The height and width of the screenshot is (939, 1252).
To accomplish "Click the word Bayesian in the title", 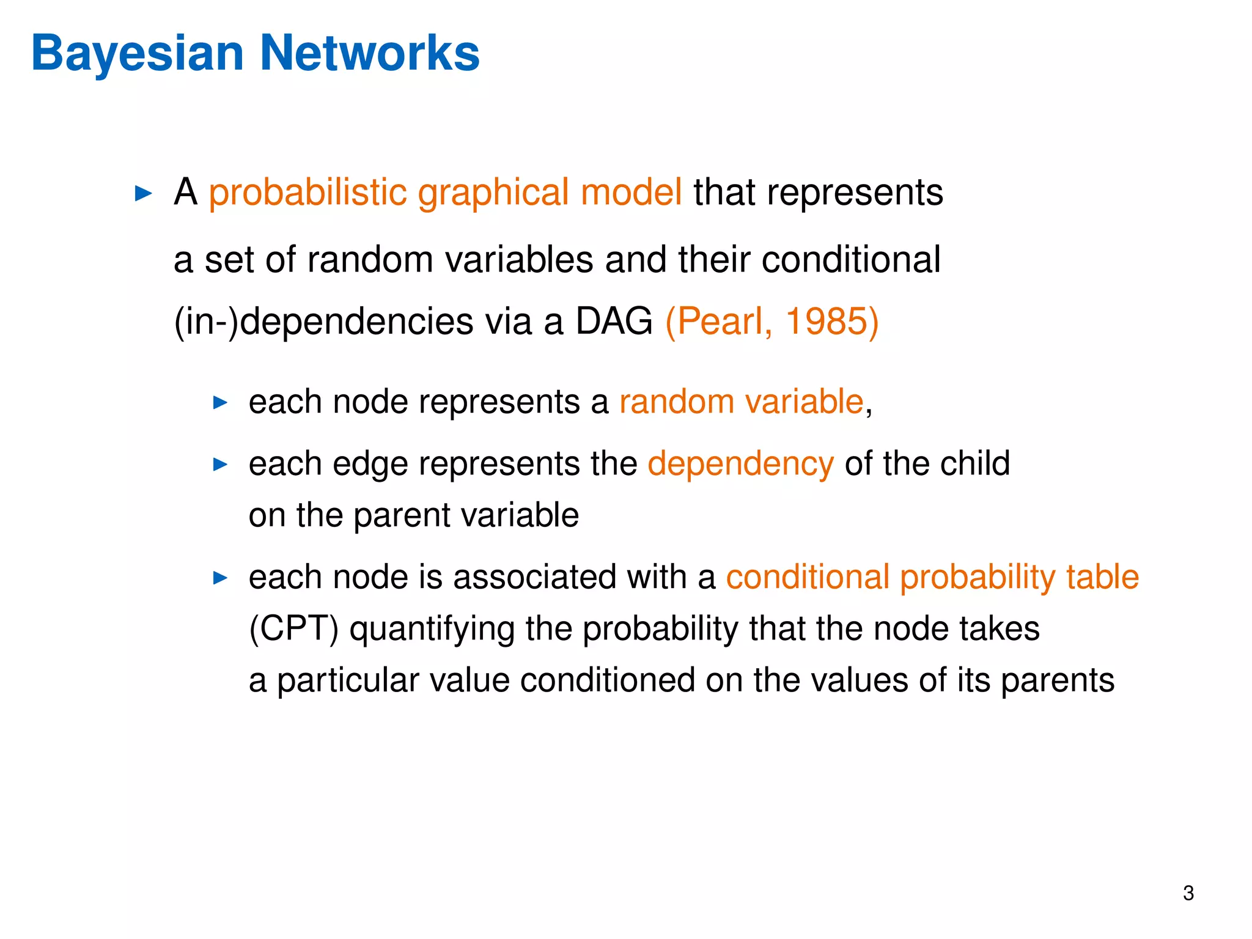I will click(138, 54).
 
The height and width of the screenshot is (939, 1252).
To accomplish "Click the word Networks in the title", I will click(370, 54).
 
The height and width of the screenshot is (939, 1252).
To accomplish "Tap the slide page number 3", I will click(1188, 893).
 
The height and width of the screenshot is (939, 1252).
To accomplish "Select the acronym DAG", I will click(614, 322).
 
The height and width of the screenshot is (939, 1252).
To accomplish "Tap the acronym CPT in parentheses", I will click(294, 629).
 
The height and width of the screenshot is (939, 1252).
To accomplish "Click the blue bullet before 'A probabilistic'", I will click(143, 194).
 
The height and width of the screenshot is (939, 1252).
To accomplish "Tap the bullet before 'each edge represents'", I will click(220, 465).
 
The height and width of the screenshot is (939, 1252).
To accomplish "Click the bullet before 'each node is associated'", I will click(220, 578).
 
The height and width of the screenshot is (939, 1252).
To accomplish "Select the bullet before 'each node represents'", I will click(220, 402).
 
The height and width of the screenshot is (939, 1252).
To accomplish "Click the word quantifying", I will click(432, 629).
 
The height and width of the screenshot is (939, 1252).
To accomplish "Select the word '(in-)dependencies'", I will click(323, 322).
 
